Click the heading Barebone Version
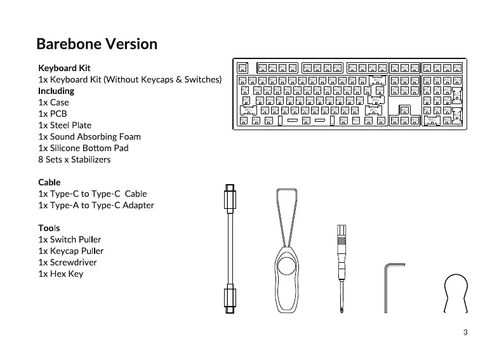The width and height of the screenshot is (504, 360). point(96,44)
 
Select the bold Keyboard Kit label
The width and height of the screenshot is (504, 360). point(64,68)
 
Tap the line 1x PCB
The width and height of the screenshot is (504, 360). point(53,114)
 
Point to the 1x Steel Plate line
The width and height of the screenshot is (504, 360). point(65,125)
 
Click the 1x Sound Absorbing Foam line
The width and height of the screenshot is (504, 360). point(90,137)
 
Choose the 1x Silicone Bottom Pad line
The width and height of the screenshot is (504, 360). point(83,148)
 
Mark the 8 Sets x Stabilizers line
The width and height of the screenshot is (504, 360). point(74,159)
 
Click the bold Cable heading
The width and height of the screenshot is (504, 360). point(50,182)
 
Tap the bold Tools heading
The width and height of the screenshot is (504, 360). point(49,228)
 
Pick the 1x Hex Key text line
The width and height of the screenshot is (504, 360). point(60,274)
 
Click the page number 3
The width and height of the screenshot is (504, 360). point(465,333)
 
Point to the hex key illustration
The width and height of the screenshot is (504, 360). point(390,286)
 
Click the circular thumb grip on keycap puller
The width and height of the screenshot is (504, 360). point(288,265)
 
